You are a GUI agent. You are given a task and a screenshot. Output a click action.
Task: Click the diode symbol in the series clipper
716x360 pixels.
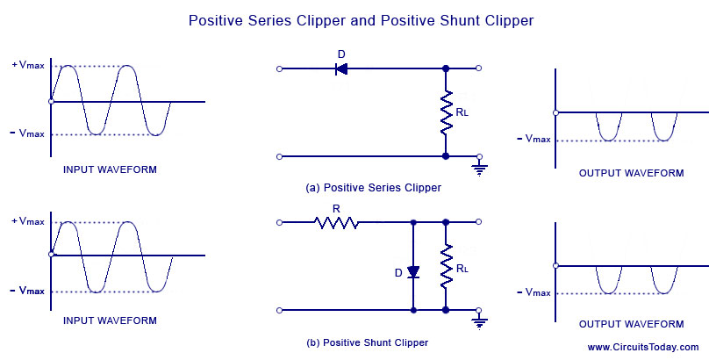[x=341, y=68]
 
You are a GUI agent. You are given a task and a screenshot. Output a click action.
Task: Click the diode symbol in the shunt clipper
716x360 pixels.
[x=413, y=272]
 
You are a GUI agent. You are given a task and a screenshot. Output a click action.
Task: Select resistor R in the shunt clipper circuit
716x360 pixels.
[x=337, y=223]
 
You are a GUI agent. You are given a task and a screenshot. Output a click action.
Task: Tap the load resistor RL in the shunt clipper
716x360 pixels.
[x=446, y=266]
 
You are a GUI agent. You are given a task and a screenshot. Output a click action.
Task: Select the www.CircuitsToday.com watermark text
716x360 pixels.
[x=642, y=347]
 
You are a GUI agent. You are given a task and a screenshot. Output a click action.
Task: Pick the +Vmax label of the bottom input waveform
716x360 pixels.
[x=27, y=221]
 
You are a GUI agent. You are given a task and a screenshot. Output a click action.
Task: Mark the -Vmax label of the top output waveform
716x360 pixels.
[x=533, y=139]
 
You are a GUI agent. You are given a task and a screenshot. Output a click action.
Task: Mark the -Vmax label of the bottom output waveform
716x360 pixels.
[x=533, y=292]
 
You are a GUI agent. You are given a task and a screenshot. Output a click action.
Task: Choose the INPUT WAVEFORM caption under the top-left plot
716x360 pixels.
[x=110, y=169]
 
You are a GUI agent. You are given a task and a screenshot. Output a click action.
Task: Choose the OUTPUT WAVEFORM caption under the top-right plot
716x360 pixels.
[x=631, y=173]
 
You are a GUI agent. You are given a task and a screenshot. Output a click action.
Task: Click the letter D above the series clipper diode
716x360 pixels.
[x=341, y=54]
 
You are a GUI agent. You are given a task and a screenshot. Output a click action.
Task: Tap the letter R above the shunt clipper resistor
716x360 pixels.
[x=336, y=208]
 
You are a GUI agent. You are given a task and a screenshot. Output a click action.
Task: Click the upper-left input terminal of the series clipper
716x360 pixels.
[x=279, y=68]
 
